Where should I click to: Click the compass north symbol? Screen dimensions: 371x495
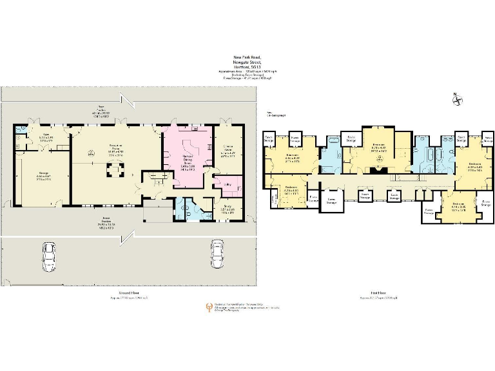[456, 99]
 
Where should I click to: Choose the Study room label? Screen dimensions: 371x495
[228, 209]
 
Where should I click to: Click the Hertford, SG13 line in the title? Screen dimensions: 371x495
[246, 66]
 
